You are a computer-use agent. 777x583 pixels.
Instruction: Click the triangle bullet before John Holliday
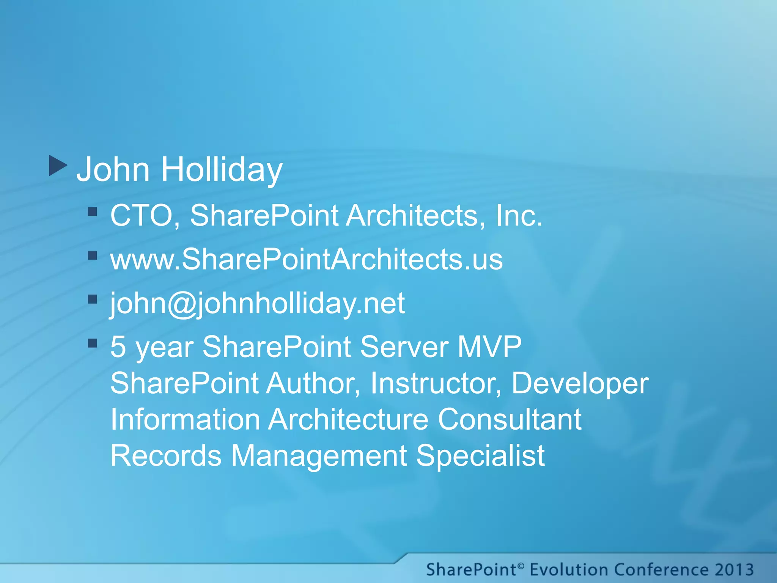pos(58,165)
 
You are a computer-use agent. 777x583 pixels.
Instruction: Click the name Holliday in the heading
pos(222,169)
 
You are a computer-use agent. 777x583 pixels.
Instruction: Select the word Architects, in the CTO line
pos(416,215)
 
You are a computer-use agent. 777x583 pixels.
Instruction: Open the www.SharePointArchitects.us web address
pos(307,259)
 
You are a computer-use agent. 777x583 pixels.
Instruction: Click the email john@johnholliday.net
pos(258,303)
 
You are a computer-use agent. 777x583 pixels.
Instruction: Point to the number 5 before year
pos(118,347)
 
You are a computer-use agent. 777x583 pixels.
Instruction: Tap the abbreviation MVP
pos(489,347)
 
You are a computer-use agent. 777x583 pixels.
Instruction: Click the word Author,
pos(313,383)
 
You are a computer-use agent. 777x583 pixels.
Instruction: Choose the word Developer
pos(580,383)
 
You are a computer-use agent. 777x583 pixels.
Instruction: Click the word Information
pos(186,419)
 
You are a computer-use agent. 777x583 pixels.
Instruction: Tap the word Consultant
pos(510,419)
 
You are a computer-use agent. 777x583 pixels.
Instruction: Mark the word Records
pos(166,455)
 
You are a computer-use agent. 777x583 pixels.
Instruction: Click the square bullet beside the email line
pos(93,299)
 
